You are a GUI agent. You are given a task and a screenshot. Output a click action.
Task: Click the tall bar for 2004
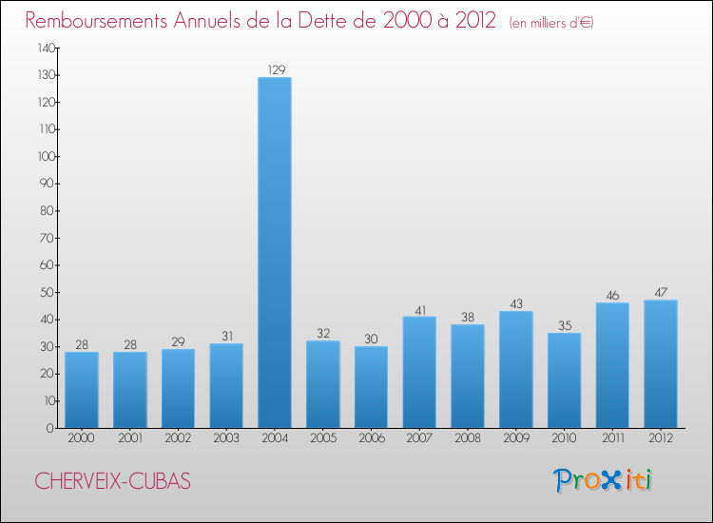274,252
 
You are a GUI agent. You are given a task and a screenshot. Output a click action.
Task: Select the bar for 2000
81,390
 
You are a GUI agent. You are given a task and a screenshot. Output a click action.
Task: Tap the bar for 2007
418,372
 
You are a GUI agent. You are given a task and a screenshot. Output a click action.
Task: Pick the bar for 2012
660,364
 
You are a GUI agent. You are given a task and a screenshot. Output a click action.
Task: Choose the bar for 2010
564,380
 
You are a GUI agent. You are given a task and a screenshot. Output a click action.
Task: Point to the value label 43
515,302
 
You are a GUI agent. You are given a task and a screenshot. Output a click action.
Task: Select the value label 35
564,324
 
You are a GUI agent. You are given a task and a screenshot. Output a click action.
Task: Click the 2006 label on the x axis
371,438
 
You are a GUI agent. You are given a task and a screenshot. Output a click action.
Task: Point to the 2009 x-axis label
515,438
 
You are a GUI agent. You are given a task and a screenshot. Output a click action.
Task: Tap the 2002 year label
177,438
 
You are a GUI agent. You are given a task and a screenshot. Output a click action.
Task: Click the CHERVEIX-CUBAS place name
113,482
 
